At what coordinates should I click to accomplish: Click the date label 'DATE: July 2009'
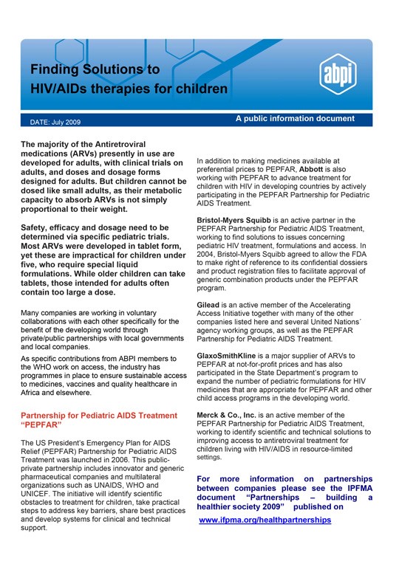(x=55, y=121)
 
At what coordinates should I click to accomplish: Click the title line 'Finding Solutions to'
(x=95, y=70)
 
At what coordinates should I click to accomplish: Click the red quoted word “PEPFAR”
(x=41, y=426)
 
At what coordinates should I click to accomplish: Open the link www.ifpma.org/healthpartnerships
(x=265, y=520)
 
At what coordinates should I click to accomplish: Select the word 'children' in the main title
(x=201, y=89)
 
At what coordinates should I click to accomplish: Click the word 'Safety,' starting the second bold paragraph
(x=39, y=227)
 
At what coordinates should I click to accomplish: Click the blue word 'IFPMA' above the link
(x=357, y=488)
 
